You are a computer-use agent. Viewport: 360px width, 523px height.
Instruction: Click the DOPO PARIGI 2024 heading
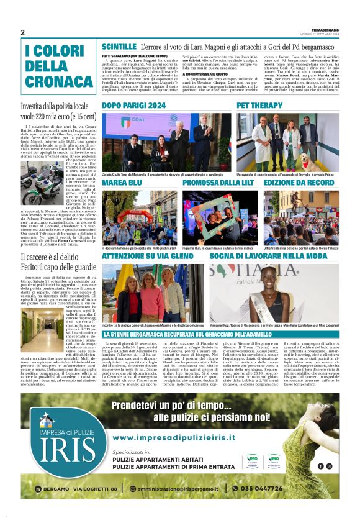(x=133, y=106)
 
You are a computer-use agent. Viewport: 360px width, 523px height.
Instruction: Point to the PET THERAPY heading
(x=259, y=106)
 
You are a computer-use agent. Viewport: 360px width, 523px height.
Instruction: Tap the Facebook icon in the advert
(x=321, y=466)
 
